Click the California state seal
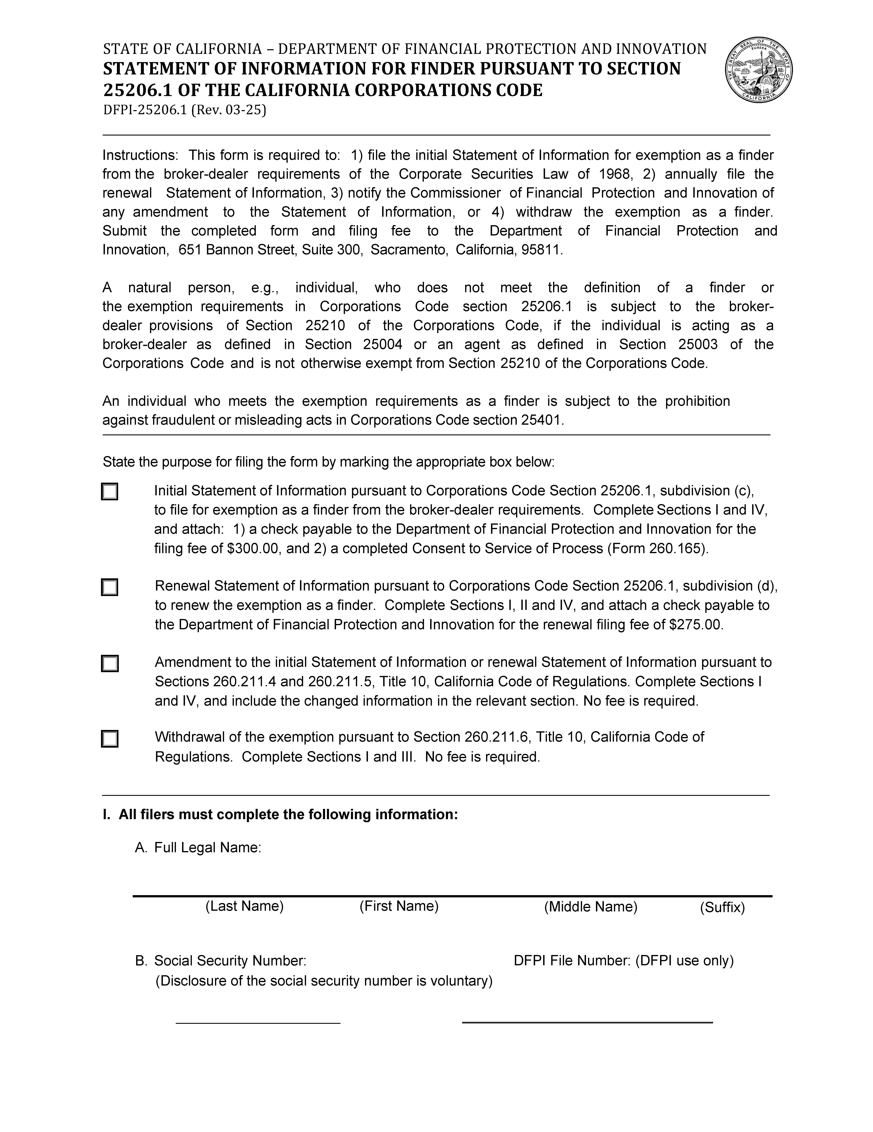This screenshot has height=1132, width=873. pyautogui.click(x=758, y=70)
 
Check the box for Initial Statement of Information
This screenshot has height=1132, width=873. pyautogui.click(x=109, y=491)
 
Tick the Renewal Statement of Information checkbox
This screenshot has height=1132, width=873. pyautogui.click(x=109, y=587)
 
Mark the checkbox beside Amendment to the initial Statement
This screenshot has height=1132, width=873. pyautogui.click(x=109, y=663)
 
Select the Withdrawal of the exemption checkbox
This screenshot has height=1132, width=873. pyautogui.click(x=109, y=739)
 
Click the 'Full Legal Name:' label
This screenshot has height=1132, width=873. pyautogui.click(x=207, y=847)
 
